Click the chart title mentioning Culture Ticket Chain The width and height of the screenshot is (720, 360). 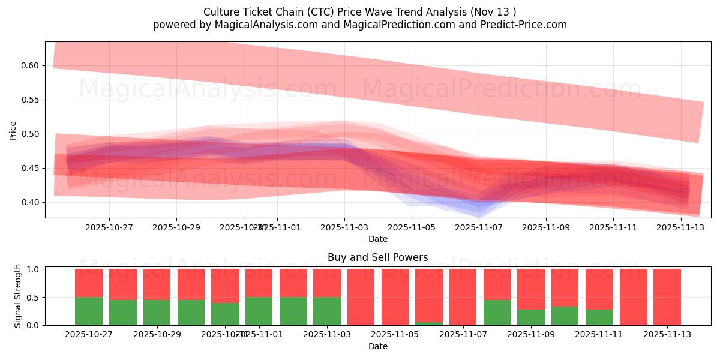[x=359, y=12]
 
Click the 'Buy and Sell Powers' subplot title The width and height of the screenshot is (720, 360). [x=377, y=257]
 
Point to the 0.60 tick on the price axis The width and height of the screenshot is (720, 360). [x=31, y=65]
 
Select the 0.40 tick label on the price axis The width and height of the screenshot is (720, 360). [x=31, y=202]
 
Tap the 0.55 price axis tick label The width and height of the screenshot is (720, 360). [x=31, y=100]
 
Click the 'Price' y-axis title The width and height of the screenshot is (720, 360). [x=13, y=131]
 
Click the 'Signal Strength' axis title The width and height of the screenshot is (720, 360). [x=18, y=296]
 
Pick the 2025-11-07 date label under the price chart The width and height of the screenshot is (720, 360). [x=478, y=227]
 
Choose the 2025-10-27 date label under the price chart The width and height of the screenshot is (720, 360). [x=109, y=227]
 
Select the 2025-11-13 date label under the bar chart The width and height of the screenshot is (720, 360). [x=667, y=335]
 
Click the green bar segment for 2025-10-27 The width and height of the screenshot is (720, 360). [x=88, y=311]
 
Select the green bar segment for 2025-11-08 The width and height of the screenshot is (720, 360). [x=497, y=312]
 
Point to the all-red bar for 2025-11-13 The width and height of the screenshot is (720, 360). [x=667, y=297]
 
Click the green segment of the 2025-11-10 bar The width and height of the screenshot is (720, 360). [x=565, y=316]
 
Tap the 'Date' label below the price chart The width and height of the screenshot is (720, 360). [x=377, y=239]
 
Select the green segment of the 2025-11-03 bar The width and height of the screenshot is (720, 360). [x=326, y=311]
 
